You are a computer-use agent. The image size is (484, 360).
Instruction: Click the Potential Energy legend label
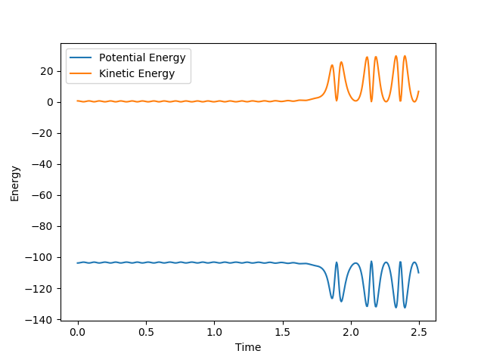click(x=142, y=58)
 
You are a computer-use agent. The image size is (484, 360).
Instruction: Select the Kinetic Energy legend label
click(x=137, y=73)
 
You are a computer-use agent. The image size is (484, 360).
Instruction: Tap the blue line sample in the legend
click(x=82, y=58)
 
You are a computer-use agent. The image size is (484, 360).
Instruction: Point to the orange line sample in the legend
click(x=82, y=73)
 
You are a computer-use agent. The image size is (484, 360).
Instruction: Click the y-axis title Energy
click(x=15, y=183)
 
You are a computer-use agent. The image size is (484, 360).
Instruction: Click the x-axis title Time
click(x=248, y=347)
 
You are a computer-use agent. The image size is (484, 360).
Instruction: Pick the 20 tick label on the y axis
click(x=48, y=71)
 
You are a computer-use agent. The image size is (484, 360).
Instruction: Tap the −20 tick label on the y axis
click(x=45, y=133)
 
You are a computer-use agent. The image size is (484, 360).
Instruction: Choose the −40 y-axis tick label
click(x=45, y=164)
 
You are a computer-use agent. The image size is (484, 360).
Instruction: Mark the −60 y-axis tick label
click(x=45, y=195)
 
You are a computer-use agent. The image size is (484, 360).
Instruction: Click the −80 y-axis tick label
click(x=45, y=226)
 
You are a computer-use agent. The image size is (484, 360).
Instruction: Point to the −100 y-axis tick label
click(x=43, y=257)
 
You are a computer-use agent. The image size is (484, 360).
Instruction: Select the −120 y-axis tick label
click(x=43, y=288)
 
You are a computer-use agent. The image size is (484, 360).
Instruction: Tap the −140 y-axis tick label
click(x=43, y=319)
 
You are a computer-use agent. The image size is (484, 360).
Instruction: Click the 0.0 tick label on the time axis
click(x=77, y=332)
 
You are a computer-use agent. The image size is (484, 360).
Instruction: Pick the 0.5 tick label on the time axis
click(x=146, y=332)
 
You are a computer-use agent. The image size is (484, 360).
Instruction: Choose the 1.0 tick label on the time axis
click(x=214, y=332)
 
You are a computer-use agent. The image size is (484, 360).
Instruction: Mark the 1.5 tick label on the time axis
click(x=283, y=332)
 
